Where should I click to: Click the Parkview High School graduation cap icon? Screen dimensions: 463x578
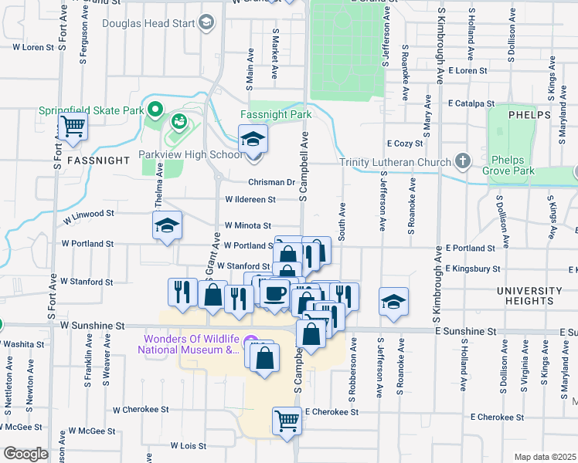pyautogui.click(x=252, y=140)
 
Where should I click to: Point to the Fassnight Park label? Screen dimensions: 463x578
pyautogui.click(x=275, y=114)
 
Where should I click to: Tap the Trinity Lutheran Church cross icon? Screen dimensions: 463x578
pyautogui.click(x=462, y=161)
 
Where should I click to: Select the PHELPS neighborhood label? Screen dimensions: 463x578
pyautogui.click(x=530, y=114)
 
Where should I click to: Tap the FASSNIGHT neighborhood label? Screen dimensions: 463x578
pyautogui.click(x=97, y=161)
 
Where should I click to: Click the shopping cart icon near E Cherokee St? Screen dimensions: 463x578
pyautogui.click(x=286, y=421)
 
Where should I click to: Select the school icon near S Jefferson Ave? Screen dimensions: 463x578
pyautogui.click(x=394, y=301)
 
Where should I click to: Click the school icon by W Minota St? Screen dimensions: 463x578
pyautogui.click(x=167, y=225)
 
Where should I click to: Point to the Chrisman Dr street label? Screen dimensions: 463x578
pyautogui.click(x=272, y=183)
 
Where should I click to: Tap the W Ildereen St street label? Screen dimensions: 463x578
pyautogui.click(x=250, y=199)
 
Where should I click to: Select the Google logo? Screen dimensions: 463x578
pyautogui.click(x=25, y=454)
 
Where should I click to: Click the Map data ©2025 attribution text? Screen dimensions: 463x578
pyautogui.click(x=545, y=457)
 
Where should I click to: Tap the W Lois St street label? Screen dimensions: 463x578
pyautogui.click(x=188, y=445)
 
